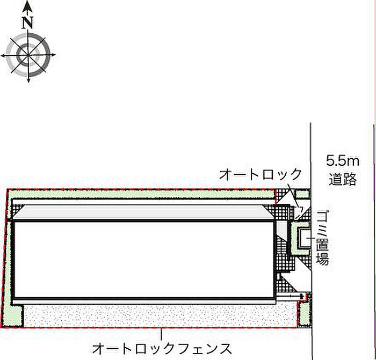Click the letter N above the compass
(x=27, y=23)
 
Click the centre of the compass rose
(x=28, y=55)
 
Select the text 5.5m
(x=343, y=161)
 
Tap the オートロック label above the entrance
(x=260, y=174)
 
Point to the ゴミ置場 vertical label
(x=322, y=238)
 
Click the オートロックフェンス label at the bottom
(x=162, y=349)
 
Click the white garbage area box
(x=304, y=238)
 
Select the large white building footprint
(x=144, y=259)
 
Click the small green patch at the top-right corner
(x=302, y=194)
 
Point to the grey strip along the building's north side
(x=144, y=212)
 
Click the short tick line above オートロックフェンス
(x=161, y=335)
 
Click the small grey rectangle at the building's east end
(x=282, y=229)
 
